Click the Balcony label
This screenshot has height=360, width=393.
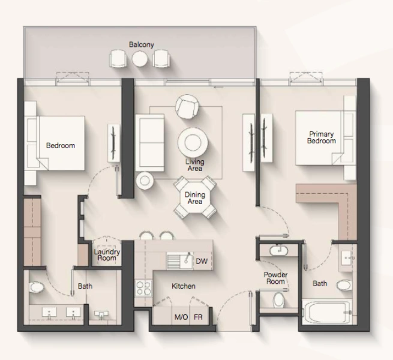(142, 44)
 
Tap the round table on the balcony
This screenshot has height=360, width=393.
(140, 58)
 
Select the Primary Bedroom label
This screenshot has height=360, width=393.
(321, 137)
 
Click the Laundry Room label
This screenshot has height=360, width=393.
(107, 256)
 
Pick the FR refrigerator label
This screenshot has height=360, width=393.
(198, 317)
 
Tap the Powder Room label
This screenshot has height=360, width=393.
(275, 278)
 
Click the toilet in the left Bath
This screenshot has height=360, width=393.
(36, 288)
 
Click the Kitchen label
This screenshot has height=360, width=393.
(183, 286)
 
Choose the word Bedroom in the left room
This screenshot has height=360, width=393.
(61, 146)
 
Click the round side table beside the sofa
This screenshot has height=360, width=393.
(145, 180)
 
